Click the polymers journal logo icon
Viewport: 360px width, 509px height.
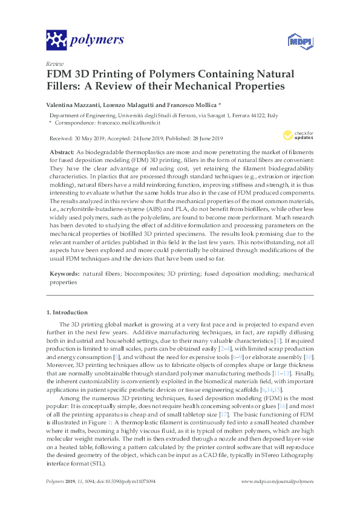[x=56, y=41]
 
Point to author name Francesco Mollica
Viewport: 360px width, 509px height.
[x=190, y=105]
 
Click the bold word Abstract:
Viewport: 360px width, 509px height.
[x=63, y=151]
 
